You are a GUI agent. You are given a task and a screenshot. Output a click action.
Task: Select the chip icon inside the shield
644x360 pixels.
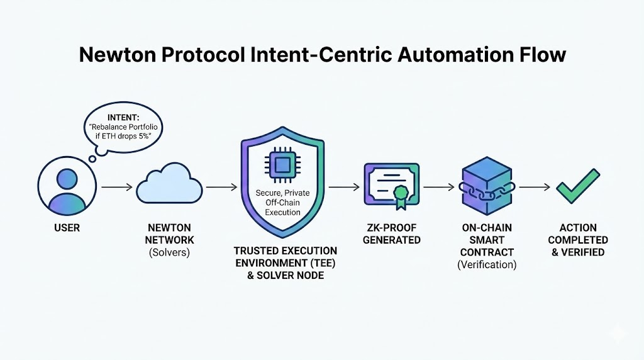click(282, 166)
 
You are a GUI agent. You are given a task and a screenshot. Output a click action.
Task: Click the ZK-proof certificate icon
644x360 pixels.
click(392, 184)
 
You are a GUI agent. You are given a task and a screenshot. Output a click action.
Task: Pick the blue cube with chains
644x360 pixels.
click(488, 186)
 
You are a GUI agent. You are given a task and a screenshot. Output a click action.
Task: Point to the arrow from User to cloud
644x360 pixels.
click(117, 187)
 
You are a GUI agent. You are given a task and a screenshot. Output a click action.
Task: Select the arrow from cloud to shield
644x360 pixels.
click(221, 187)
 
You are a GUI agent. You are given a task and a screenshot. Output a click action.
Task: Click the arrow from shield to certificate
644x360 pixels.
click(343, 187)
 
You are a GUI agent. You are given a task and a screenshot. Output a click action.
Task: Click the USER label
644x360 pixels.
click(67, 228)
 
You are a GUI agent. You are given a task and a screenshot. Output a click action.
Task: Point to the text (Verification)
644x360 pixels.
click(487, 264)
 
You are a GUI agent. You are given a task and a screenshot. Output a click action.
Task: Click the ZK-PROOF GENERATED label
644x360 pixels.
click(392, 233)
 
